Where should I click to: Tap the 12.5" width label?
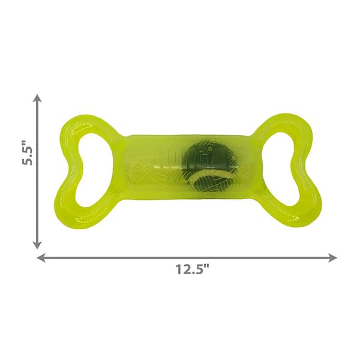[187, 271]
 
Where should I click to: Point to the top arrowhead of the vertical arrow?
[37, 98]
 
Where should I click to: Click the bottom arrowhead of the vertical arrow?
[37, 245]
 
